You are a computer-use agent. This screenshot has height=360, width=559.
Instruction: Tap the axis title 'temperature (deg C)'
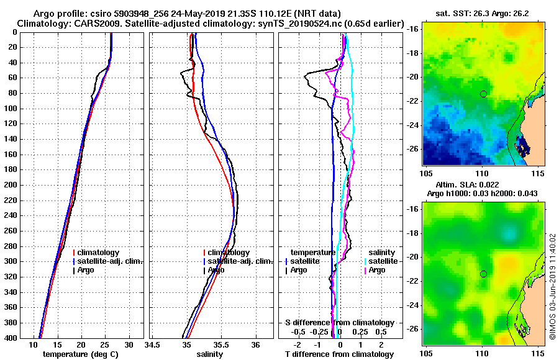pyautogui.click(x=80, y=354)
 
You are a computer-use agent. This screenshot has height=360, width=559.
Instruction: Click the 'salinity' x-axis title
pyautogui.click(x=210, y=354)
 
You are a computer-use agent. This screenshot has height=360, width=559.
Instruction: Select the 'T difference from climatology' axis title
pyautogui.click(x=340, y=354)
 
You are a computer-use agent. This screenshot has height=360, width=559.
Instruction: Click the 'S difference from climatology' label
pyautogui.click(x=340, y=323)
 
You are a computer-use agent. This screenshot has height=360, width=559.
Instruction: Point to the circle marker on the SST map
pyautogui.click(x=483, y=94)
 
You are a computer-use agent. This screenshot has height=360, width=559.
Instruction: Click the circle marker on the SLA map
pyautogui.click(x=483, y=274)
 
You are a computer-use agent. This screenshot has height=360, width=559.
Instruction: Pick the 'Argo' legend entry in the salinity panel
pyautogui.click(x=217, y=270)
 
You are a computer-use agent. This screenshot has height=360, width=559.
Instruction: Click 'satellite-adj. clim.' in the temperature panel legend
pyautogui.click(x=111, y=261)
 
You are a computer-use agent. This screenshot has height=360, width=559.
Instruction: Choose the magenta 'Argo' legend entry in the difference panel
pyautogui.click(x=377, y=270)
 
